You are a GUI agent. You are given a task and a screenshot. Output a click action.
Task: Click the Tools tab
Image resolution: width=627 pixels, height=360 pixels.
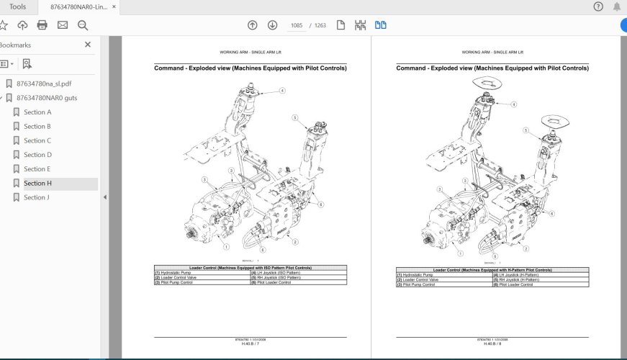tap(17, 6)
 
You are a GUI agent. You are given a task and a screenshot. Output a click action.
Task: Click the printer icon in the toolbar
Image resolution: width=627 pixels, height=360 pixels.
tap(42, 25)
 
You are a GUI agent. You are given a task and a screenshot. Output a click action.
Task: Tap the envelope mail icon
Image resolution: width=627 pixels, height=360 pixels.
tap(63, 25)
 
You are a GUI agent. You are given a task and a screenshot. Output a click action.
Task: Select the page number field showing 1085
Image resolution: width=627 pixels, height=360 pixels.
tap(296, 25)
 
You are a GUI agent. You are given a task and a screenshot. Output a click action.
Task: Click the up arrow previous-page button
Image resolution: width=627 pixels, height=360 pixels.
tap(252, 25)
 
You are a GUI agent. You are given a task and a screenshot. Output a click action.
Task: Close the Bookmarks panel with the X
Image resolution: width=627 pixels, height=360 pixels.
tap(88, 45)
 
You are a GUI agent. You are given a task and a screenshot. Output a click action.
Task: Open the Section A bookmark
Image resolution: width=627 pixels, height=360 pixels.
tap(37, 112)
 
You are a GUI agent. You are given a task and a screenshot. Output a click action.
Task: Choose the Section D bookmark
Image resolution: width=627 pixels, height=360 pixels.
tap(37, 155)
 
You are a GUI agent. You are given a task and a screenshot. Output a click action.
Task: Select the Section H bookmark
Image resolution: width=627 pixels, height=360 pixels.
tap(37, 184)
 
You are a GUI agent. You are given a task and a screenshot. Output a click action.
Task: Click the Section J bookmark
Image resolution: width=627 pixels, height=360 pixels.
tap(37, 197)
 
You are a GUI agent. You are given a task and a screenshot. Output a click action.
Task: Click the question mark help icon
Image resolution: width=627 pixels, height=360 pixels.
tap(598, 6)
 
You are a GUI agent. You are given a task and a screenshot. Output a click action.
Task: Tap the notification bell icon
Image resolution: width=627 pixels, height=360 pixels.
tap(617, 6)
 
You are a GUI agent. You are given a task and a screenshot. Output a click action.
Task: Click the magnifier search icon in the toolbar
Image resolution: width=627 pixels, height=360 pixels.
tap(83, 25)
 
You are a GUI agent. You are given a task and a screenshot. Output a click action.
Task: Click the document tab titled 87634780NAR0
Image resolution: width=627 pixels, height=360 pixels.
tap(79, 6)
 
